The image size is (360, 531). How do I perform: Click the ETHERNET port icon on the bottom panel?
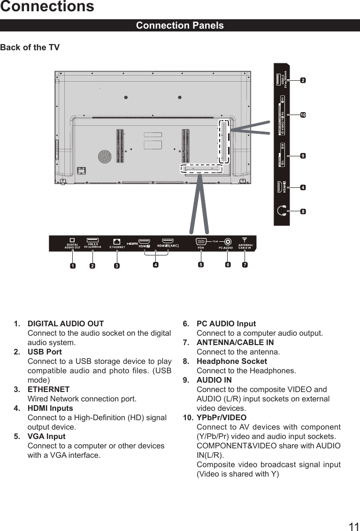(116, 241)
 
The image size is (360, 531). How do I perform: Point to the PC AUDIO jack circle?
(228, 241)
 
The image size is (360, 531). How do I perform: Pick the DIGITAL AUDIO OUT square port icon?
(72, 240)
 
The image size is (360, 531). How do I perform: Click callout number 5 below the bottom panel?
(201, 264)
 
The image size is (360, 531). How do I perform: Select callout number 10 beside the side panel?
(303, 115)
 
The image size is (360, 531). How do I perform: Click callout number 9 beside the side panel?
(303, 155)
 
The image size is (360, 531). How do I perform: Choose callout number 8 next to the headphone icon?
(303, 211)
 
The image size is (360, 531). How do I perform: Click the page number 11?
(354, 526)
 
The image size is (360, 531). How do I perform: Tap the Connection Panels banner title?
(180, 25)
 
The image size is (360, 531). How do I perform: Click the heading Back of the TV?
(30, 47)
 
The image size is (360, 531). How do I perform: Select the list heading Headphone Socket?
(231, 361)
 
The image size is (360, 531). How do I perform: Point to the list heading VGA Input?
(46, 436)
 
